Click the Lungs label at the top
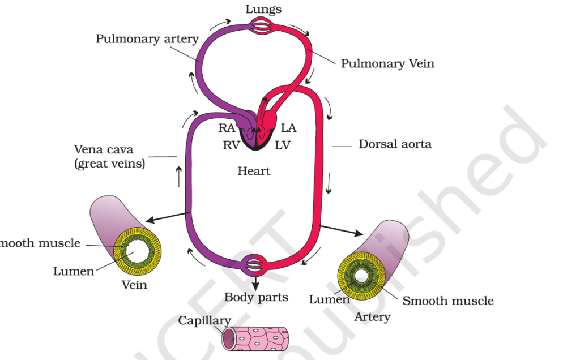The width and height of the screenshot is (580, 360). [263, 9]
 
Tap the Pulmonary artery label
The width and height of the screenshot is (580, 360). [147, 39]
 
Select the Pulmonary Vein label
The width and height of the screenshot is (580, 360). [387, 63]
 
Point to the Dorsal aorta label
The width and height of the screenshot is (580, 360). [395, 144]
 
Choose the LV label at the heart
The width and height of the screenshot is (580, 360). [282, 145]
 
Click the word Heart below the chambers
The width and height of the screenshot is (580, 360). [254, 171]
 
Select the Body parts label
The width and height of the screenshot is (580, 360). [256, 297]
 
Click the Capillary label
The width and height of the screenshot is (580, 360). [204, 321]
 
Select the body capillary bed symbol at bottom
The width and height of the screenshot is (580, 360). [254, 265]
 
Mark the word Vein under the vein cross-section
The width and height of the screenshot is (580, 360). [134, 285]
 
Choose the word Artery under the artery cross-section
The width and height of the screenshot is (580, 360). [372, 316]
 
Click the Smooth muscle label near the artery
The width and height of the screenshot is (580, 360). [448, 301]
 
